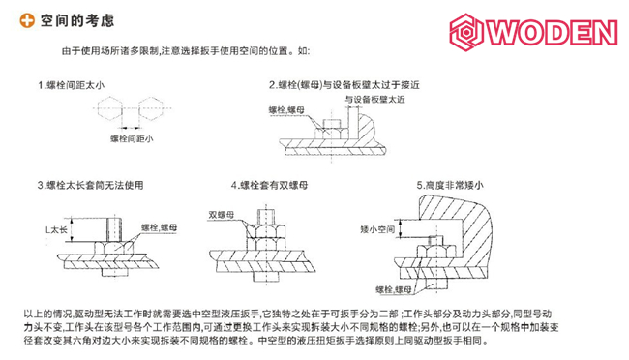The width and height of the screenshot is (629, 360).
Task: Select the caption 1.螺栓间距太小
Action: (70, 85)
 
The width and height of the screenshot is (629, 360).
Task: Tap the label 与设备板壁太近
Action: (372, 100)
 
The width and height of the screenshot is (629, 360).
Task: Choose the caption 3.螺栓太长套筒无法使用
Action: (91, 185)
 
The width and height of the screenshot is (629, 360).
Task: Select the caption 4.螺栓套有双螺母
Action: (274, 185)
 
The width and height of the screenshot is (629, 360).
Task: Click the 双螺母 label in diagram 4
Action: (222, 214)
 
